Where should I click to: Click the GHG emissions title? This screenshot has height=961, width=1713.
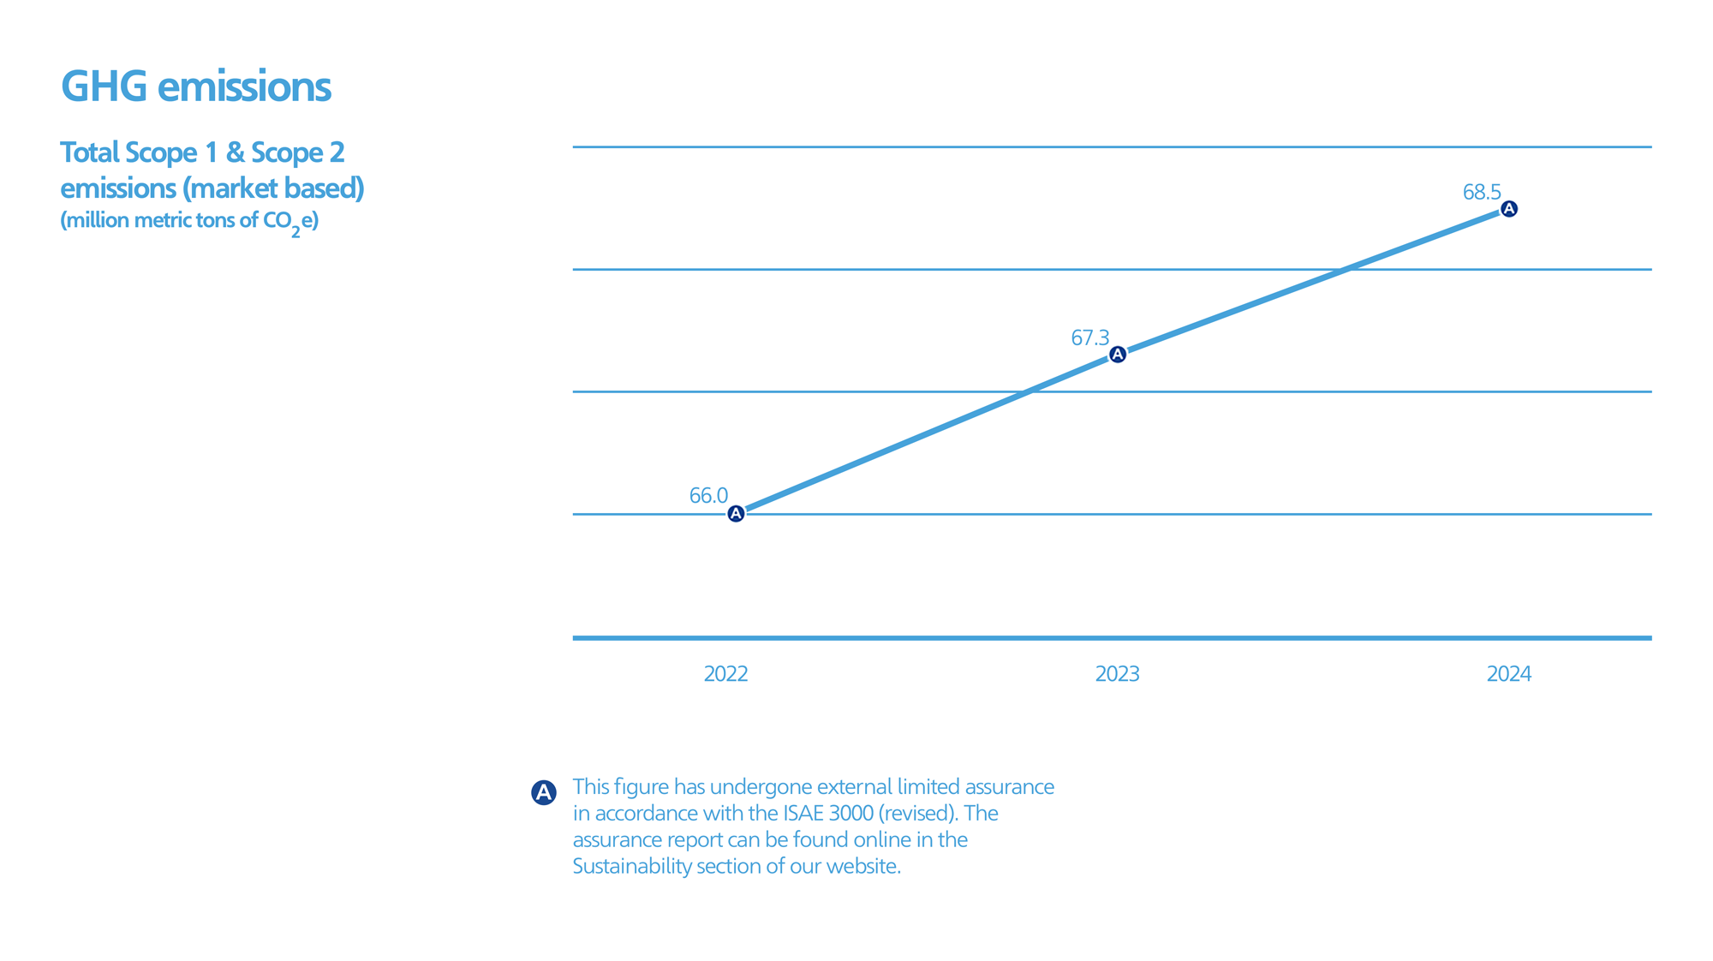(196, 87)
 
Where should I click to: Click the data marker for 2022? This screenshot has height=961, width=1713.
(736, 514)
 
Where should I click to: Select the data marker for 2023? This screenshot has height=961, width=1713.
(1118, 355)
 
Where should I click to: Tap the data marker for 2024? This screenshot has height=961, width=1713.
(1509, 209)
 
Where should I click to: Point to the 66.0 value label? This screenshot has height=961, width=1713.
(708, 495)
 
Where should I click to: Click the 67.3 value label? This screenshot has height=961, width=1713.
(1089, 337)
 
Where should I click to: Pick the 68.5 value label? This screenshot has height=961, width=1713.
(1482, 192)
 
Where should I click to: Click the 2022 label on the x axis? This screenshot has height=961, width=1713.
(725, 674)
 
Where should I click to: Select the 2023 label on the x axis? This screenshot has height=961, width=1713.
(1117, 674)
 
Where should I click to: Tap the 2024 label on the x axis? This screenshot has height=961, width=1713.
(1508, 674)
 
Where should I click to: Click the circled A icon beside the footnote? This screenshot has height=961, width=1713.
(544, 792)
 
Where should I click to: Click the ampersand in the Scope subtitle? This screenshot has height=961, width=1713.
(236, 152)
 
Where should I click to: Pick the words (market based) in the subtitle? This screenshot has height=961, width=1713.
(273, 188)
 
